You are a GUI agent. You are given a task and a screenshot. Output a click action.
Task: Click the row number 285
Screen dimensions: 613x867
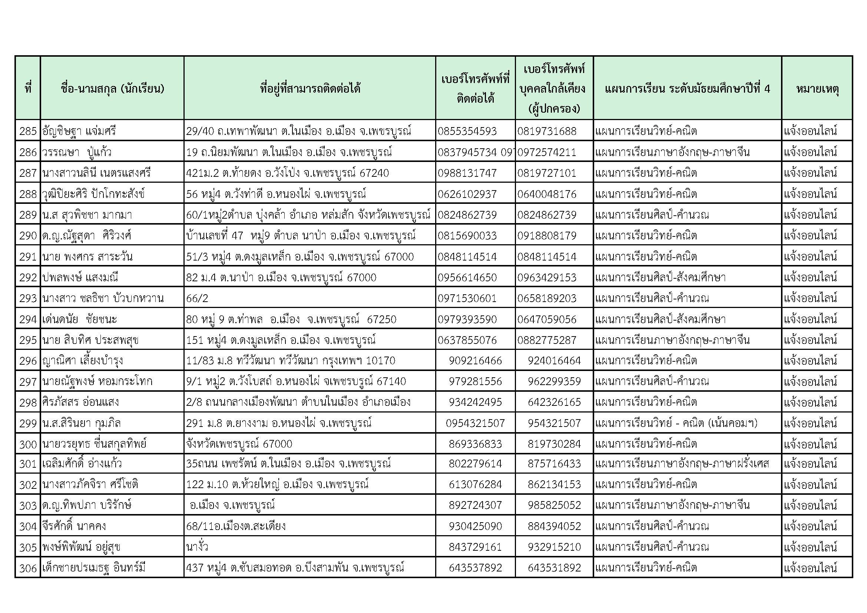pyautogui.click(x=28, y=131)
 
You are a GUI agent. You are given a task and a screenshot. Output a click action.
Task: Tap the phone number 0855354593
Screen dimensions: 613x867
pyautogui.click(x=467, y=131)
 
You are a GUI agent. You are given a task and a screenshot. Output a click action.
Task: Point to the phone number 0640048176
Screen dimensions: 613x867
pyautogui.click(x=547, y=194)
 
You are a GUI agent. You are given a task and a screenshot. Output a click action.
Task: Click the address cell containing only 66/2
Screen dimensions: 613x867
pyautogui.click(x=197, y=299)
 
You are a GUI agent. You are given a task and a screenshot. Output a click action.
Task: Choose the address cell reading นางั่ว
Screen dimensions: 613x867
pyautogui.click(x=197, y=547)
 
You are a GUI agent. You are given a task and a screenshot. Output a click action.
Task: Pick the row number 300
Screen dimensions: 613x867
pyautogui.click(x=28, y=444)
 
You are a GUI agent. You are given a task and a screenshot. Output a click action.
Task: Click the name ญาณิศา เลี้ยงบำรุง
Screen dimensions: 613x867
pyautogui.click(x=83, y=361)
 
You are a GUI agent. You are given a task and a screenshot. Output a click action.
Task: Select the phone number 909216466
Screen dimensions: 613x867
pyautogui.click(x=476, y=361)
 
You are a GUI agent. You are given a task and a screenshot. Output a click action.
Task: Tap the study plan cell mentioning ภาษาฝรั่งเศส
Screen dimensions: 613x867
pyautogui.click(x=682, y=464)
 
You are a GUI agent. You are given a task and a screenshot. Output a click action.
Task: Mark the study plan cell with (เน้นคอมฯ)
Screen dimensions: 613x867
pyautogui.click(x=676, y=423)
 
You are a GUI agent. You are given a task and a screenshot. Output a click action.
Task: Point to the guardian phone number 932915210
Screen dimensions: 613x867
pyautogui.click(x=554, y=547)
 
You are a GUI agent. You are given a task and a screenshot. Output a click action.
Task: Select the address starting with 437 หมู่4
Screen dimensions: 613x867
pyautogui.click(x=295, y=568)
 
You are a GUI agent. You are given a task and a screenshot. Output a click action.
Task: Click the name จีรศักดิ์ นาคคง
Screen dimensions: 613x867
pyautogui.click(x=74, y=526)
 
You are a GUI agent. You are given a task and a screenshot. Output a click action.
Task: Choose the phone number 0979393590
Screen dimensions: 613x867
pyautogui.click(x=467, y=319)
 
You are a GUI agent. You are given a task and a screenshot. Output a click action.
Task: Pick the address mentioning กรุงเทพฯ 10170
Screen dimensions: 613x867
pyautogui.click(x=290, y=361)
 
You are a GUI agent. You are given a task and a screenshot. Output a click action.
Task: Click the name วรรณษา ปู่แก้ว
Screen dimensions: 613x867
pyautogui.click(x=77, y=152)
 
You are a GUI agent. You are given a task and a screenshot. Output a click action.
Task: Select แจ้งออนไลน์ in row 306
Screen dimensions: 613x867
pyautogui.click(x=810, y=568)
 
